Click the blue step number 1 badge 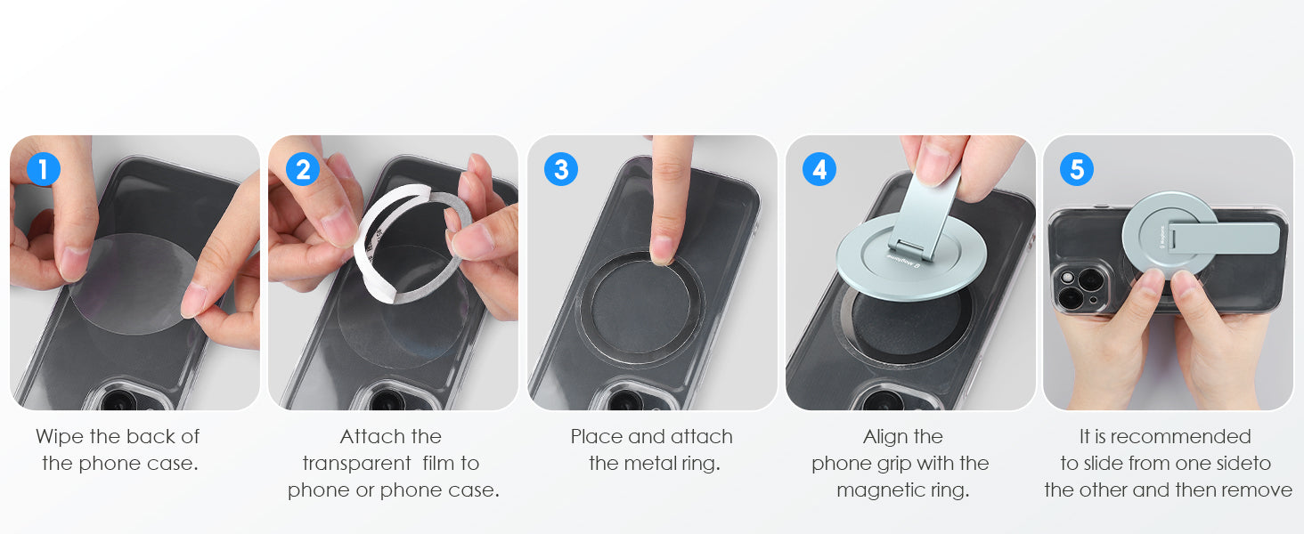44,169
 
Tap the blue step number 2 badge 303,169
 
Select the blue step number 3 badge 561,169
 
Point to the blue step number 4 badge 819,169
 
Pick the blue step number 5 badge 1077,169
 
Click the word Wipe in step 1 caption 60,437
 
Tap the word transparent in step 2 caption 357,464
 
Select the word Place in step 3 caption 596,436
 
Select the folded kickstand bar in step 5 1221,239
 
